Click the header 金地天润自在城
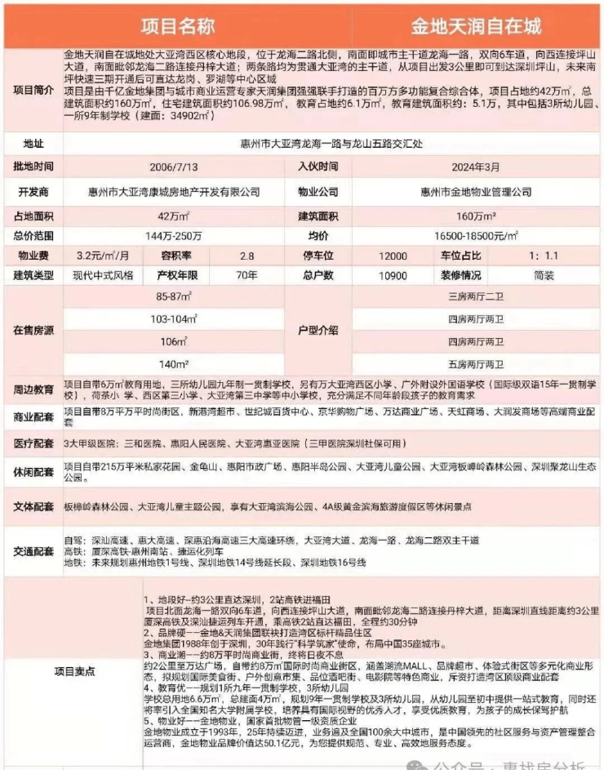tap(477, 26)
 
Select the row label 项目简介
tap(33, 89)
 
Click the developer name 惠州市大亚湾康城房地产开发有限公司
tap(174, 192)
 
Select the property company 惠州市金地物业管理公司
tap(476, 192)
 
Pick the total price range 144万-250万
tap(174, 235)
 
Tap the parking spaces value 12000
tap(393, 256)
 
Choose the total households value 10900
tap(393, 276)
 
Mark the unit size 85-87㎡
tap(174, 296)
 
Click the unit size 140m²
tap(174, 363)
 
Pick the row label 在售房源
tap(33, 330)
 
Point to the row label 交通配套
tap(33, 551)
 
